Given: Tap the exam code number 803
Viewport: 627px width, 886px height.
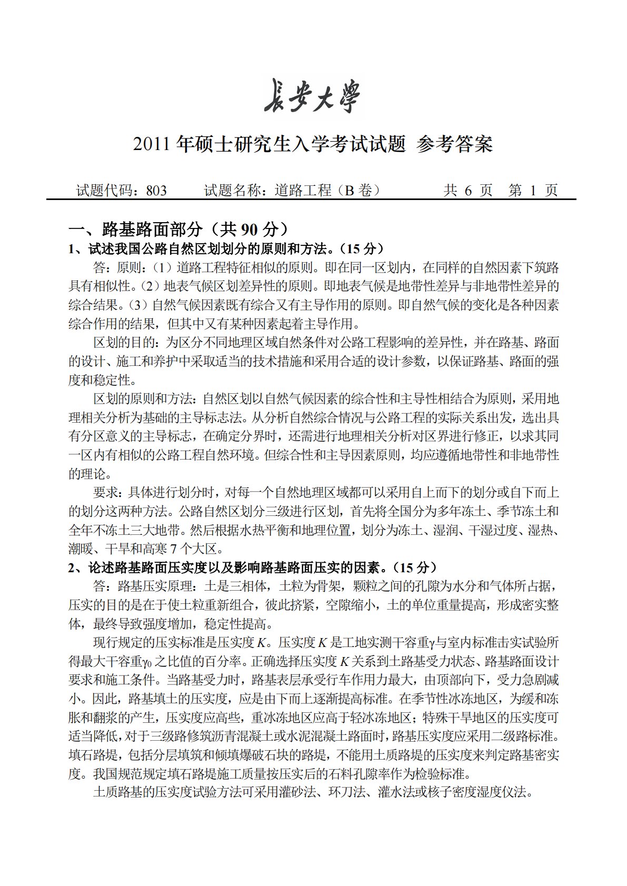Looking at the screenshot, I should (x=156, y=191).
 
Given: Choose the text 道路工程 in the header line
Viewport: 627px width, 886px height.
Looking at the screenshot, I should (x=303, y=191).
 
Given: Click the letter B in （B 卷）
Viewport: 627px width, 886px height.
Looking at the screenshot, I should (x=350, y=191).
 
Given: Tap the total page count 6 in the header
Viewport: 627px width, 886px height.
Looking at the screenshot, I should (x=467, y=191).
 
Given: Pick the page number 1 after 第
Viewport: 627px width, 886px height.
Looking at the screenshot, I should (x=533, y=191).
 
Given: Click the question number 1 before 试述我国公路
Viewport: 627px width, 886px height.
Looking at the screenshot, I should (x=72, y=248).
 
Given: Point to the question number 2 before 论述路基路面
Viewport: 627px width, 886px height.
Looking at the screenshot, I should (x=72, y=568).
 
